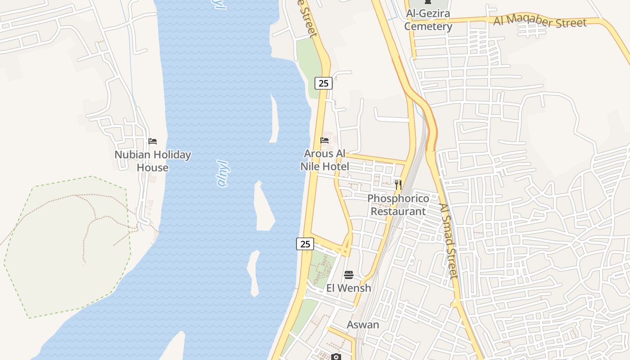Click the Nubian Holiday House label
coord(153,161)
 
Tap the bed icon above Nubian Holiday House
coord(153,141)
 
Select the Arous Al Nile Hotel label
coord(324,160)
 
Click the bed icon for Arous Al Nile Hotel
coord(324,140)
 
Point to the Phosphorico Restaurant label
coord(398,205)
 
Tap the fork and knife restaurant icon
coord(398,184)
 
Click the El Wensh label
coord(349,288)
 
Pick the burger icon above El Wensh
coord(349,274)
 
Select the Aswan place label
coord(363,324)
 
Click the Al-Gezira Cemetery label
coord(428,20)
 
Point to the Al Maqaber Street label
coord(540,22)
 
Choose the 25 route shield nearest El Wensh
coord(305,244)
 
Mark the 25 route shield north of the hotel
coord(323,83)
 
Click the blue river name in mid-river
coord(223,173)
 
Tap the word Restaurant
coord(398,211)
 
